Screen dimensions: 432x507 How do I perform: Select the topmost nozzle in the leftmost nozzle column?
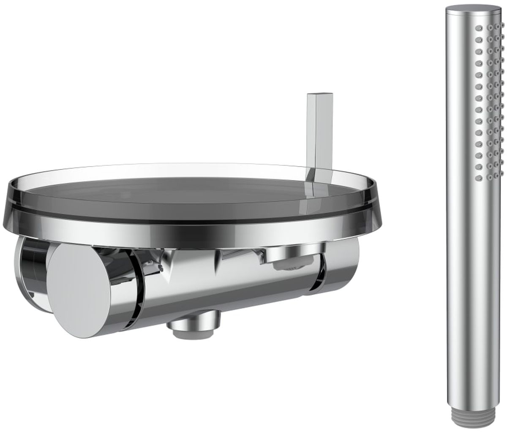(x=479, y=28)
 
